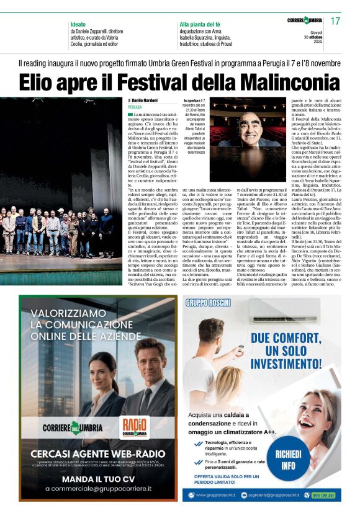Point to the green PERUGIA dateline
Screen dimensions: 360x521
(x=135, y=107)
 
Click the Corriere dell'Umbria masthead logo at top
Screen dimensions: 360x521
(x=305, y=21)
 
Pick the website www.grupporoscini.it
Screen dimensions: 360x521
(x=218, y=495)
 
